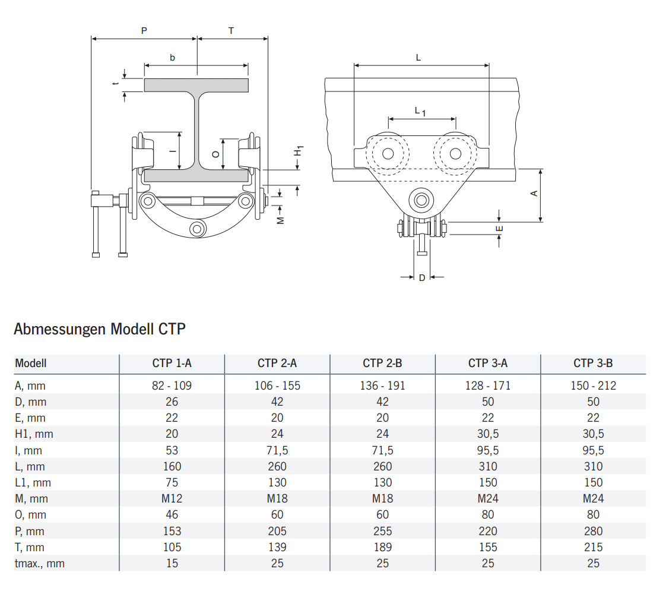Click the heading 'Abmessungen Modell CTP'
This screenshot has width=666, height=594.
100,328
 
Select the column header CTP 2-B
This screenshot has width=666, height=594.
382,363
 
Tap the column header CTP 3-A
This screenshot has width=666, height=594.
487,363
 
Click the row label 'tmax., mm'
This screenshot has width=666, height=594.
40,563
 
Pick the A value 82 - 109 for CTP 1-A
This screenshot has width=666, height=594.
172,386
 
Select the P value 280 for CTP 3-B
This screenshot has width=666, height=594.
592,531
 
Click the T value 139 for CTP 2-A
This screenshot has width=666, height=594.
277,547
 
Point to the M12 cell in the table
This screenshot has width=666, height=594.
172,498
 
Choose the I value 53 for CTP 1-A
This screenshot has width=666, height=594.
172,450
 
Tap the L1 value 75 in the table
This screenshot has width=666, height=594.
172,482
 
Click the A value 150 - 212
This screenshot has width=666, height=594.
592,386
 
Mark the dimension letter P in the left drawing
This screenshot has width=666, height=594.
144,30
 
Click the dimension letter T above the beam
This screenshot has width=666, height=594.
231,30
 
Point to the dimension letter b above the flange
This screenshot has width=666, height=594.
173,58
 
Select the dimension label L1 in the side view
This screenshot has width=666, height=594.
420,111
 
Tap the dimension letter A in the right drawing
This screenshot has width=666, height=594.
534,194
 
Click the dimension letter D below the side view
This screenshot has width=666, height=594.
422,277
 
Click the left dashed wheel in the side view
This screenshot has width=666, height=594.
388,154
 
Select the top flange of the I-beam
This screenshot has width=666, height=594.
196,86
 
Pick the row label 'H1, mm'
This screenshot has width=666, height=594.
34,434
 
